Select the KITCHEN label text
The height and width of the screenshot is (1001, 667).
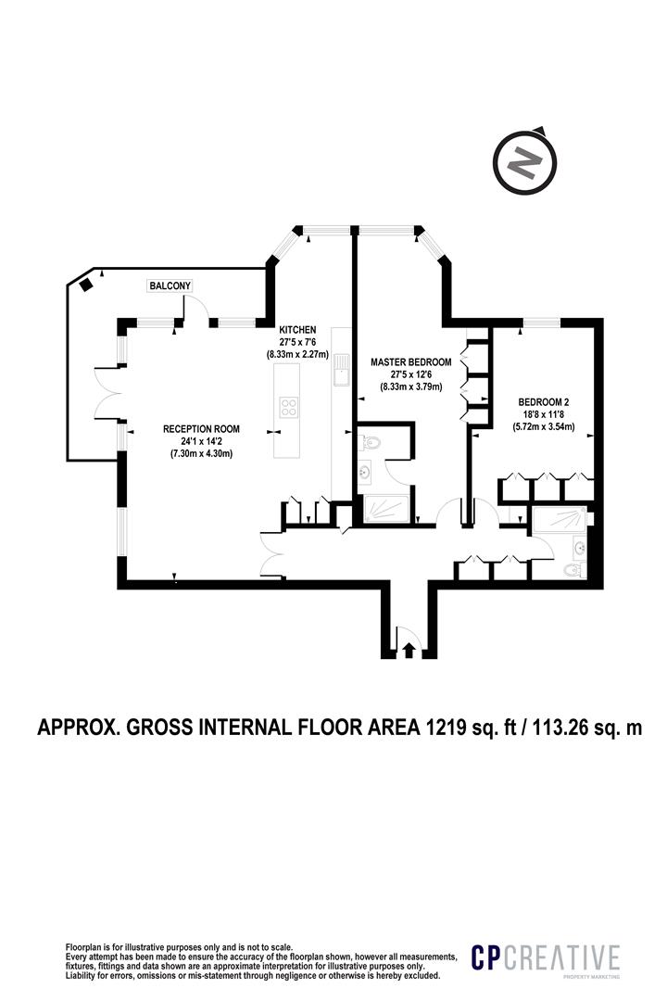click(x=299, y=330)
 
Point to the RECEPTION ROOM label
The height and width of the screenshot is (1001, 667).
click(x=201, y=428)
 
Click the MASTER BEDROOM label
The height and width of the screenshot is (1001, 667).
click(x=410, y=361)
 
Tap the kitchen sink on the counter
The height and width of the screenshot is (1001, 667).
click(x=340, y=368)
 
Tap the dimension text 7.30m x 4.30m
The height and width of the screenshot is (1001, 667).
click(x=201, y=454)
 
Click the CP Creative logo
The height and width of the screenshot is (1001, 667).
click(x=545, y=959)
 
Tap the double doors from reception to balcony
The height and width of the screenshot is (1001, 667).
click(x=104, y=393)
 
